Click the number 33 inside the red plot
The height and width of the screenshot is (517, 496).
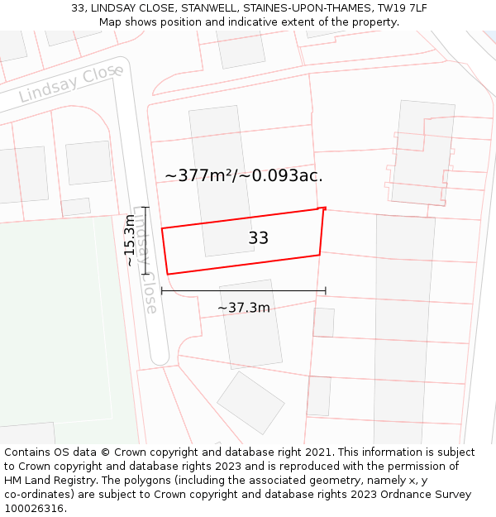258,238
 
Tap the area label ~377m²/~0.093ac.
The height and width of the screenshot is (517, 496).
244,175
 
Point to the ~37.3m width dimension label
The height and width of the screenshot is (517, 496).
244,308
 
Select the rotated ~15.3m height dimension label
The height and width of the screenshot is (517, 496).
130,240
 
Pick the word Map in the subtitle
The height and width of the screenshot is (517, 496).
112,22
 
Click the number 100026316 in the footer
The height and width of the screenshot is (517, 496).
33,508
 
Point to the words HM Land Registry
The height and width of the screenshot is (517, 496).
46,481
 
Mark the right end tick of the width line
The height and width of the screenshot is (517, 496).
326,290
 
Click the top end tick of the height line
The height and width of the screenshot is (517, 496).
145,208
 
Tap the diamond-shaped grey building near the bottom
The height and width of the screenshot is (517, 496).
250,403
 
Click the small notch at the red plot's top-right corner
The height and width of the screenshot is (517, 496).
322,208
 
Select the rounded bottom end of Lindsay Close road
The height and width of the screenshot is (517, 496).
159,357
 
